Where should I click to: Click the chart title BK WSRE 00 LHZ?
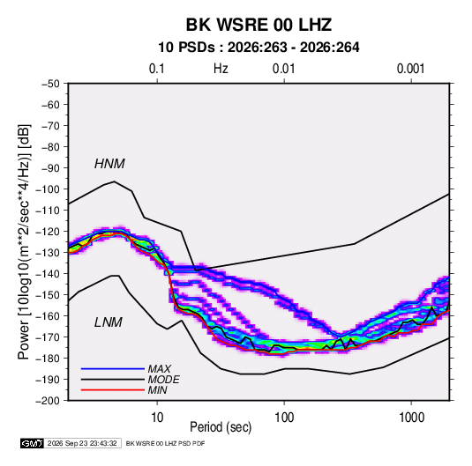[258, 25]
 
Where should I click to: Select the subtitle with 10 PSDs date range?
[258, 48]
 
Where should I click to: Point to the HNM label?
[109, 164]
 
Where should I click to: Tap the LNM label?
[109, 322]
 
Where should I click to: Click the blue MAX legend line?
[113, 368]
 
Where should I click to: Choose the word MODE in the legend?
[164, 380]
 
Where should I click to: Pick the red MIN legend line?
[113, 390]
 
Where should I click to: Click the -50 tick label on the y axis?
[50, 84]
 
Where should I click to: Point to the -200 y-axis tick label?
[48, 401]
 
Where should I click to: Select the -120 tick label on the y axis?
[48, 232]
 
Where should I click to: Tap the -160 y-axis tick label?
[48, 316]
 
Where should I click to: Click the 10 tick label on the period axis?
[157, 418]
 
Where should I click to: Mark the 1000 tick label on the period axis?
[411, 418]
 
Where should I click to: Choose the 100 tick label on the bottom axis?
[284, 418]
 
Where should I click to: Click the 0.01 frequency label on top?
[283, 69]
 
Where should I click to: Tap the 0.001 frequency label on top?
[410, 69]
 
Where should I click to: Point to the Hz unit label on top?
[221, 69]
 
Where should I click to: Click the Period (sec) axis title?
[221, 427]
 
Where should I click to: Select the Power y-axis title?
[24, 241]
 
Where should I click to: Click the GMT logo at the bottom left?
[32, 443]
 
